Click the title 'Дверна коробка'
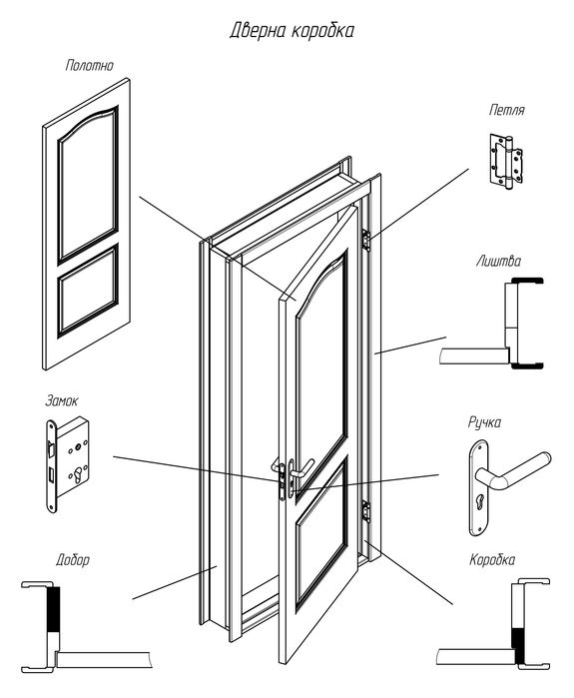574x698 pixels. (291, 31)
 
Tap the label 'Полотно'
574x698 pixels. (90, 66)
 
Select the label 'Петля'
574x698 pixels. (507, 110)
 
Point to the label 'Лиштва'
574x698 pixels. (498, 261)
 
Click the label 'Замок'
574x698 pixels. (62, 400)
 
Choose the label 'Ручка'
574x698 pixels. (484, 422)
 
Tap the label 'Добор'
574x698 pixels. (73, 559)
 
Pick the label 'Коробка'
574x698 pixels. (492, 559)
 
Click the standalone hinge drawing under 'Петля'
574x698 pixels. (506, 160)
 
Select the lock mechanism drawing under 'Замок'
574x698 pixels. (68, 464)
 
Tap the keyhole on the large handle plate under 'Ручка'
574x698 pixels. (480, 501)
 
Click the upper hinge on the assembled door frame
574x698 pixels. (366, 241)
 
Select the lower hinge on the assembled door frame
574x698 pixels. (365, 511)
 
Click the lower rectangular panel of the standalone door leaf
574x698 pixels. (88, 290)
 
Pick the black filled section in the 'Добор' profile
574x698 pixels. (53, 608)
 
